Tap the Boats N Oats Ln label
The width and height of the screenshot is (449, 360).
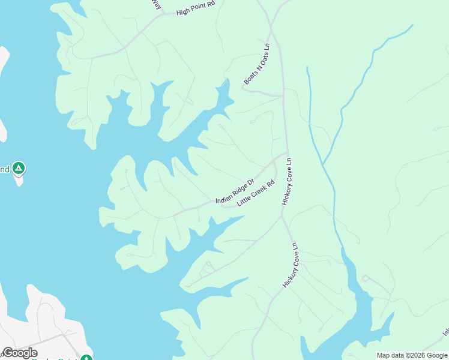258,63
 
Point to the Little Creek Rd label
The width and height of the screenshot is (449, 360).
256,193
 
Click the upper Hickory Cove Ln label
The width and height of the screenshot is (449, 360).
286,182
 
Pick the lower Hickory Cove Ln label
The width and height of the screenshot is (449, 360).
290,265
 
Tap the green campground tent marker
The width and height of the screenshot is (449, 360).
19,169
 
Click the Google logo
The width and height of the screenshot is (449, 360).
19,353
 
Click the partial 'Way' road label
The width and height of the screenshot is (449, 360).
156,5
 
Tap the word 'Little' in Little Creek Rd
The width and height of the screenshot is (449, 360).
243,201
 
